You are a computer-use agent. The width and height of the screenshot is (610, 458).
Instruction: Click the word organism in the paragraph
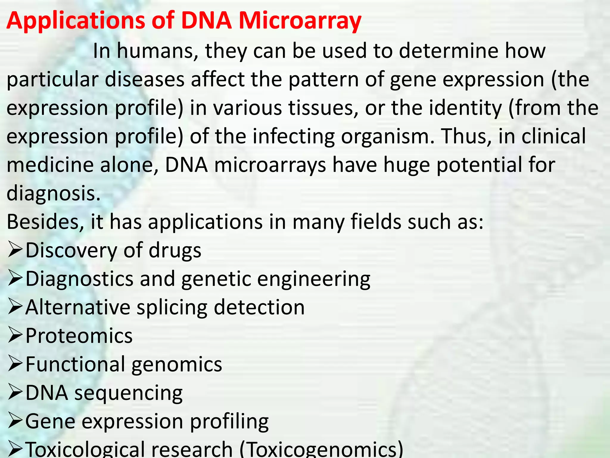[387, 136]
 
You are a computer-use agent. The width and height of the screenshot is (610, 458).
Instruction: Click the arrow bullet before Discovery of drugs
[15, 250]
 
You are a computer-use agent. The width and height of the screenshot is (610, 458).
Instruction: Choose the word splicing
[172, 307]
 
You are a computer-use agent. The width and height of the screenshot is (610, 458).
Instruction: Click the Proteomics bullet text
[79, 336]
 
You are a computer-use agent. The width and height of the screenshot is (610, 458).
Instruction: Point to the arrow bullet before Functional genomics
[15, 364]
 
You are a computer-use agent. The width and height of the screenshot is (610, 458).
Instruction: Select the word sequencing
[128, 393]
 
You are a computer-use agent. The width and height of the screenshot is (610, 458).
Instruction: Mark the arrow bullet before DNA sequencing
[15, 393]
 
